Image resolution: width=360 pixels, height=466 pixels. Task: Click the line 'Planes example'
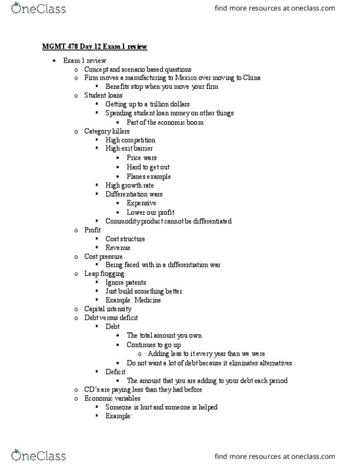[148, 176]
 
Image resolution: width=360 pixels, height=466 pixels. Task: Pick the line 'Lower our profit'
[150, 212]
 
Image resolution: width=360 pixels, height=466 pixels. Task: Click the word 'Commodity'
[123, 222]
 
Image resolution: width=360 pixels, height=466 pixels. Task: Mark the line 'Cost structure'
[125, 239]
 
